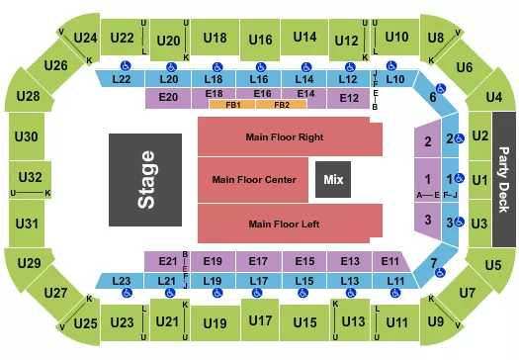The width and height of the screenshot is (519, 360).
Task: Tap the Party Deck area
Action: coord(505,180)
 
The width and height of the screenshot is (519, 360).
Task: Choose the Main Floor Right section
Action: coord(286,136)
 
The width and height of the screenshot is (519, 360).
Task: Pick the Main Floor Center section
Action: coord(254,180)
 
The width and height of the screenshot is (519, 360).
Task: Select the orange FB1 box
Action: coord(233,104)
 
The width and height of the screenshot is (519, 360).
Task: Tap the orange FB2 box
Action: coord(282,104)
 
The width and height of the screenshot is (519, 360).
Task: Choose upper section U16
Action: coord(261,39)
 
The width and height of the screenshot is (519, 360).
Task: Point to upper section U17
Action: coord(261,320)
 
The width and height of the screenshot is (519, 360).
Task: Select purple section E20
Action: coord(167,97)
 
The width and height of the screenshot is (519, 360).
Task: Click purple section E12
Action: coord(349,97)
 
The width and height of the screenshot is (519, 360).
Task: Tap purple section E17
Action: coord(260,261)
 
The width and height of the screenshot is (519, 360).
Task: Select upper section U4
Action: coord(494,97)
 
